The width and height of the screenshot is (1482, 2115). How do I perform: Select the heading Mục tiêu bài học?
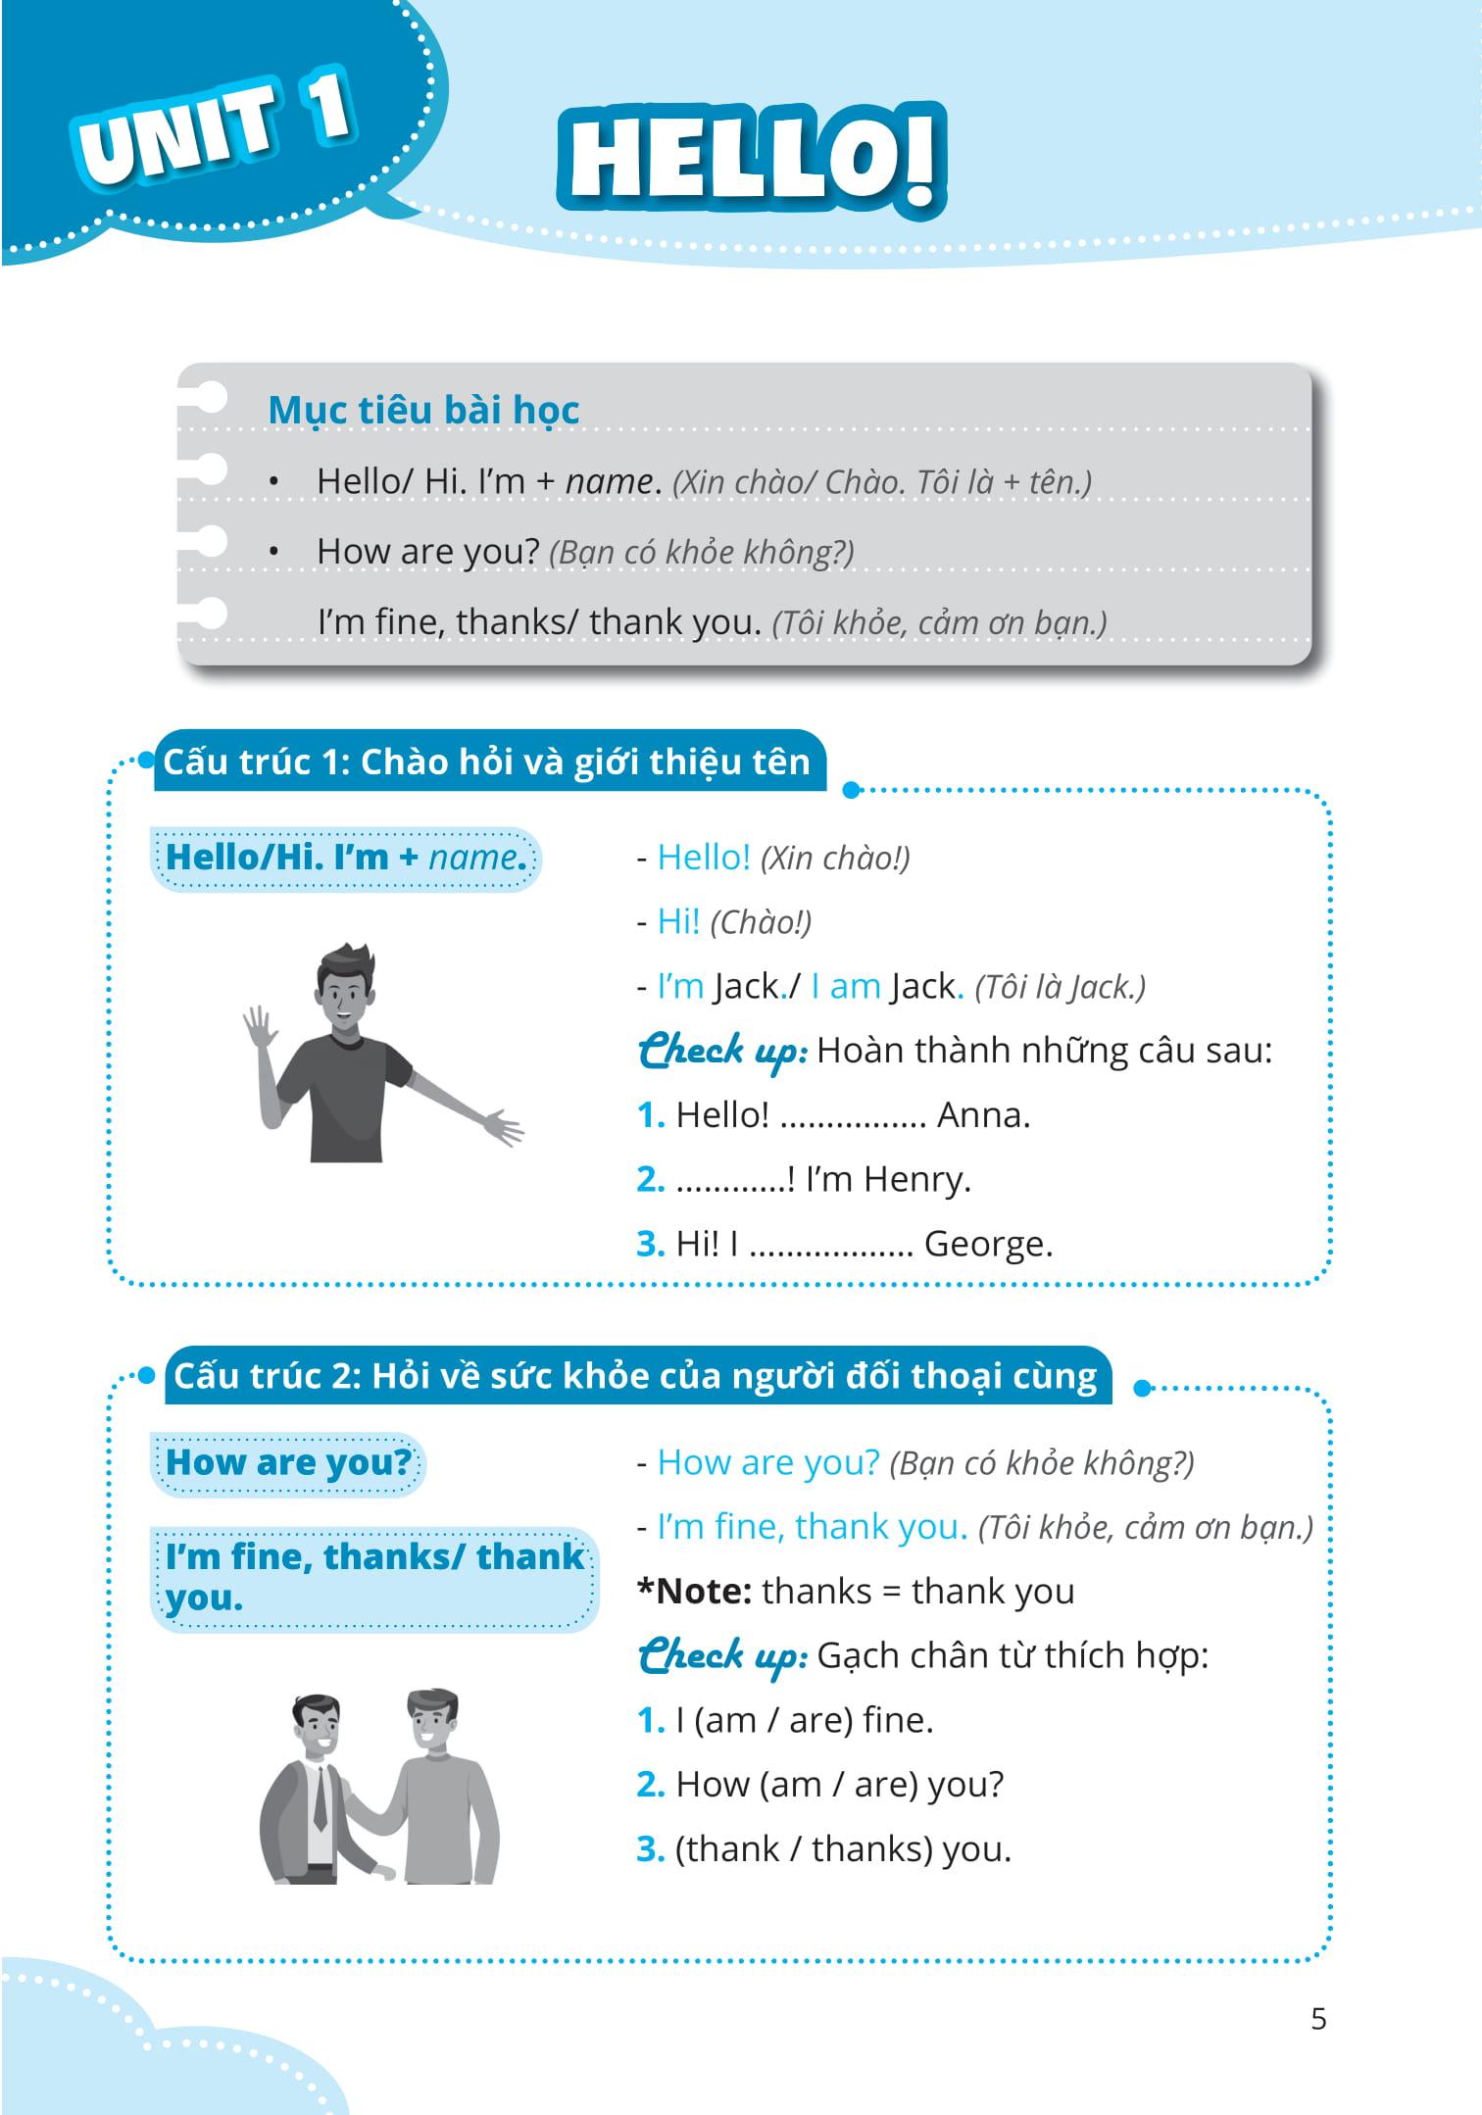click(x=423, y=410)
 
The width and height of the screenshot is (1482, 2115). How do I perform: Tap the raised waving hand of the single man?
click(x=259, y=1027)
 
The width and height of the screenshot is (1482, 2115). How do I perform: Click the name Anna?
click(x=983, y=1115)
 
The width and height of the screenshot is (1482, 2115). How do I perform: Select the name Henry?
click(x=916, y=1179)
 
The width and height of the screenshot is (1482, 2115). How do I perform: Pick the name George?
click(x=988, y=1244)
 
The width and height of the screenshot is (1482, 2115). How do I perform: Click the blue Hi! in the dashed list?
click(x=678, y=921)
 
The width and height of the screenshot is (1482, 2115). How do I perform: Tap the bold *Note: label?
click(x=694, y=1591)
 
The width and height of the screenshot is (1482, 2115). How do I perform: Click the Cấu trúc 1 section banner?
click(x=487, y=762)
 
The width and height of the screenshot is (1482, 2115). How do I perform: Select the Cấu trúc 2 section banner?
click(x=635, y=1376)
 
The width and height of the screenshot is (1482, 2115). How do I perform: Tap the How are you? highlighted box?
click(x=288, y=1462)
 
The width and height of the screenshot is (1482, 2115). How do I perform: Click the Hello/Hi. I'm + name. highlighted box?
click(x=345, y=858)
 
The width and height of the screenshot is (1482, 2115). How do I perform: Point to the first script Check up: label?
click(x=722, y=1051)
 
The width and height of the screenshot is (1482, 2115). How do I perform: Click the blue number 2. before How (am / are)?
click(x=650, y=1785)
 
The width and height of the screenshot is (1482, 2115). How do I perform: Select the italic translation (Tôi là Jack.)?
click(x=1060, y=987)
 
